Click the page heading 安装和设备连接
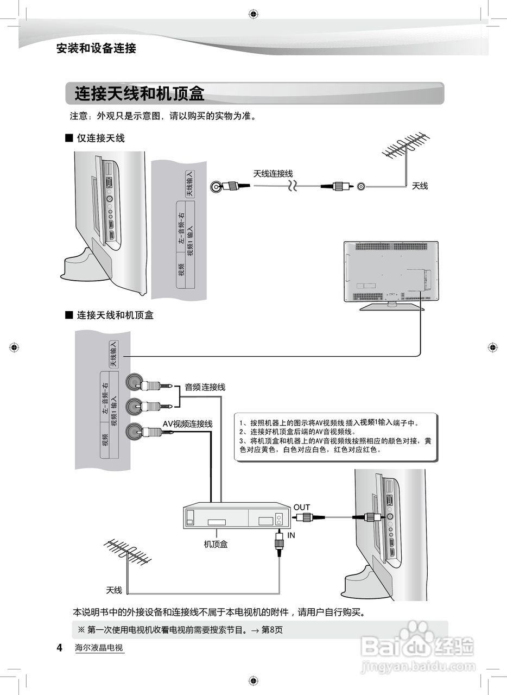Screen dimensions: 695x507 tap(96, 48)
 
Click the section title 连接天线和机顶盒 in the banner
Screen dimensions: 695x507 tap(140, 94)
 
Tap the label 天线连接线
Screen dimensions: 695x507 tap(273, 174)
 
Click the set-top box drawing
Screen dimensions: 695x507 tap(237, 516)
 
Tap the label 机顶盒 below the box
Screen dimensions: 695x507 tap(216, 544)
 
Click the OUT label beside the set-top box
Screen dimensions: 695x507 tap(302, 508)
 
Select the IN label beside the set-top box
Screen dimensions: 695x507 tap(291, 535)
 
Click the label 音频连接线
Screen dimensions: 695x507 tap(205, 387)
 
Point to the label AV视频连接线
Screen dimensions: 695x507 tap(188, 424)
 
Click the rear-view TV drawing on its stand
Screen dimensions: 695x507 tap(391, 274)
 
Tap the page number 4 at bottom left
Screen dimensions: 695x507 tap(60, 648)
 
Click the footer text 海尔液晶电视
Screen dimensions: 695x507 tap(99, 648)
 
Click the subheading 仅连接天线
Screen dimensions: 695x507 tap(100, 138)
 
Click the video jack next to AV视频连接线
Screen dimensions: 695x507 tap(134, 432)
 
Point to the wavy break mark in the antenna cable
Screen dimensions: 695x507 tap(293, 186)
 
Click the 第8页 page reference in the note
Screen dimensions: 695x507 tap(272, 630)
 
